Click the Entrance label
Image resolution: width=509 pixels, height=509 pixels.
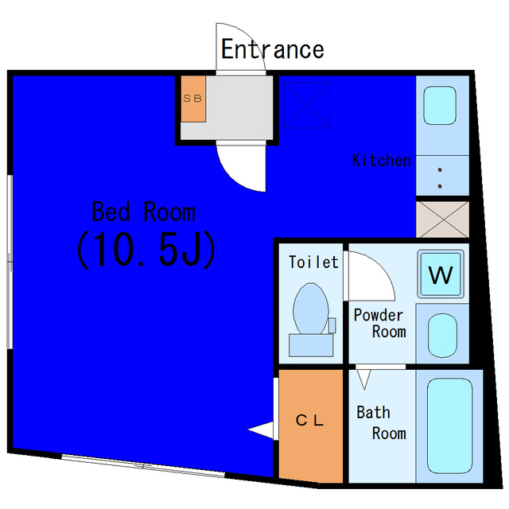coord(272,49)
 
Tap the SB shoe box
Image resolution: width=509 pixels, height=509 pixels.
coord(193,99)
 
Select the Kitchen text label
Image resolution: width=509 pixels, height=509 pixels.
coord(382,161)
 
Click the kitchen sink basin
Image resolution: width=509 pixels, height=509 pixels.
coord(440,105)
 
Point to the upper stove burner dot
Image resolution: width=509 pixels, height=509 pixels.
coord(440,169)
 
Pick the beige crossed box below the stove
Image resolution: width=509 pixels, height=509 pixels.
coord(442,220)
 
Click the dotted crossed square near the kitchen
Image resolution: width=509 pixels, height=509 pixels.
coord(307,105)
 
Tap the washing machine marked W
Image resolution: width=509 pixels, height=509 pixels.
coord(441,274)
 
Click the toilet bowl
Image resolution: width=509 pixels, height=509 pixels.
coord(311,309)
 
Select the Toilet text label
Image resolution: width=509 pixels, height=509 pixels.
coord(313,262)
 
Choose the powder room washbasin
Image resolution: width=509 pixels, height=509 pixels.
coord(442,336)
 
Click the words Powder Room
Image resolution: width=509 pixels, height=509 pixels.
coord(379,324)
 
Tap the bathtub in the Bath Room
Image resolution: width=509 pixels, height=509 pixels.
coord(449,426)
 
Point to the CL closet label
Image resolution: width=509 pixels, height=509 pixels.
coord(309,421)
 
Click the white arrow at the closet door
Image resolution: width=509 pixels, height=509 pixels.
coord(260,429)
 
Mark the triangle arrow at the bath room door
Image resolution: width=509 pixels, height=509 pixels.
coord(363,379)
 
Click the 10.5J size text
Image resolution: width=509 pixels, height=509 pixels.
coord(146,250)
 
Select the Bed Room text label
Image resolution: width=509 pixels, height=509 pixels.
coord(143,212)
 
